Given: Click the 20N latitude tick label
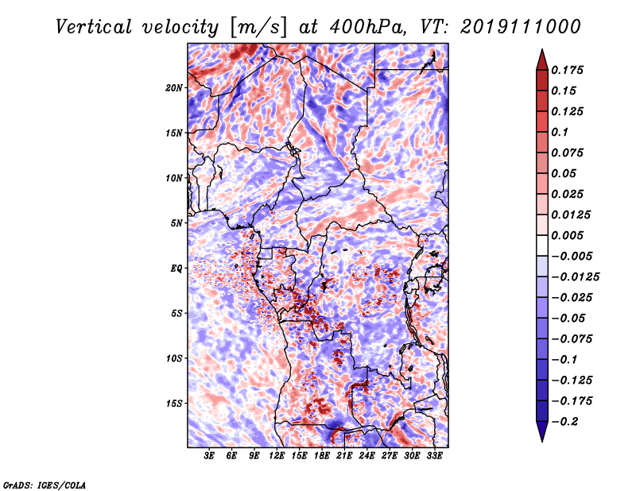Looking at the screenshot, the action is [x=173, y=88].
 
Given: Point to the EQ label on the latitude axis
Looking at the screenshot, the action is [x=176, y=269].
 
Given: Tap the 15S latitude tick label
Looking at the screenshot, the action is [x=174, y=404].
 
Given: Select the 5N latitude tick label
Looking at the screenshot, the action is [x=176, y=223].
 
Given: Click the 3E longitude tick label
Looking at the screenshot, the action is [x=209, y=455].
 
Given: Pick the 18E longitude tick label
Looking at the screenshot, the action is [x=322, y=455].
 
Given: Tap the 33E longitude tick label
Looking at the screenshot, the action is [x=434, y=455].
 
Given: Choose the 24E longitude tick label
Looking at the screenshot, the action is [x=366, y=455].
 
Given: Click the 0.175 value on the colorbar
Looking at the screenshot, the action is [x=567, y=70].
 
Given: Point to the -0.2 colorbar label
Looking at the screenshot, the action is [x=564, y=422].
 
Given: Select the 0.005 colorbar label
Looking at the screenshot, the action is [x=567, y=235].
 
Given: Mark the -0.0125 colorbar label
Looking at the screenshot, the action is [x=575, y=277].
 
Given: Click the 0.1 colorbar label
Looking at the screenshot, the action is [x=560, y=132].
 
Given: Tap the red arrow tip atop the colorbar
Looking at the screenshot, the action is [x=542, y=50].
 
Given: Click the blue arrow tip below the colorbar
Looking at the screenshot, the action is [x=542, y=440].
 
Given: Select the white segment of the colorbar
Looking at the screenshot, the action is [x=542, y=246].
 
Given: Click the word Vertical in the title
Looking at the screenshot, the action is [x=93, y=27].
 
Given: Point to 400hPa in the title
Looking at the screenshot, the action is [x=367, y=27].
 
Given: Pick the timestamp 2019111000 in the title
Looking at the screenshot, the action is [x=521, y=27].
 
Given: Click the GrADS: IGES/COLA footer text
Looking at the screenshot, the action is [x=45, y=485].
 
